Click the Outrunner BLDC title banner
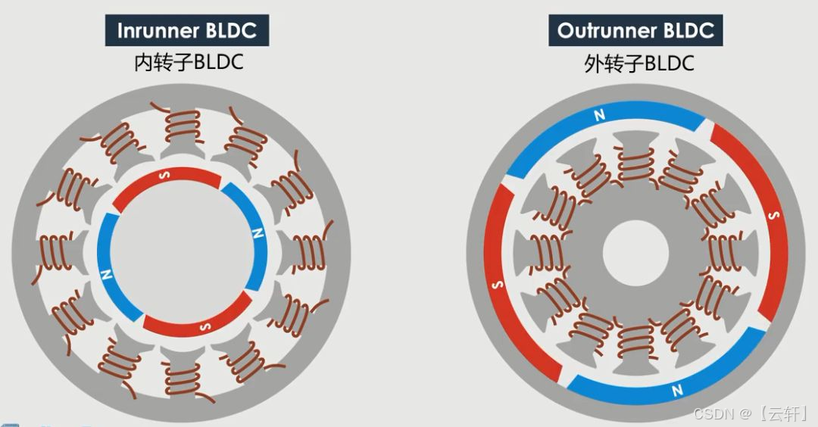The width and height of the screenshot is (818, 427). pyautogui.click(x=635, y=31)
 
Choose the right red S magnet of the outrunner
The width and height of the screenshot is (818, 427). pyautogui.click(x=765, y=220)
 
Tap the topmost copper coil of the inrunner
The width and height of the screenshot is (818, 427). pyautogui.click(x=182, y=122)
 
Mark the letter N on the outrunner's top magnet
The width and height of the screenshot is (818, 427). pyautogui.click(x=600, y=116)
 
